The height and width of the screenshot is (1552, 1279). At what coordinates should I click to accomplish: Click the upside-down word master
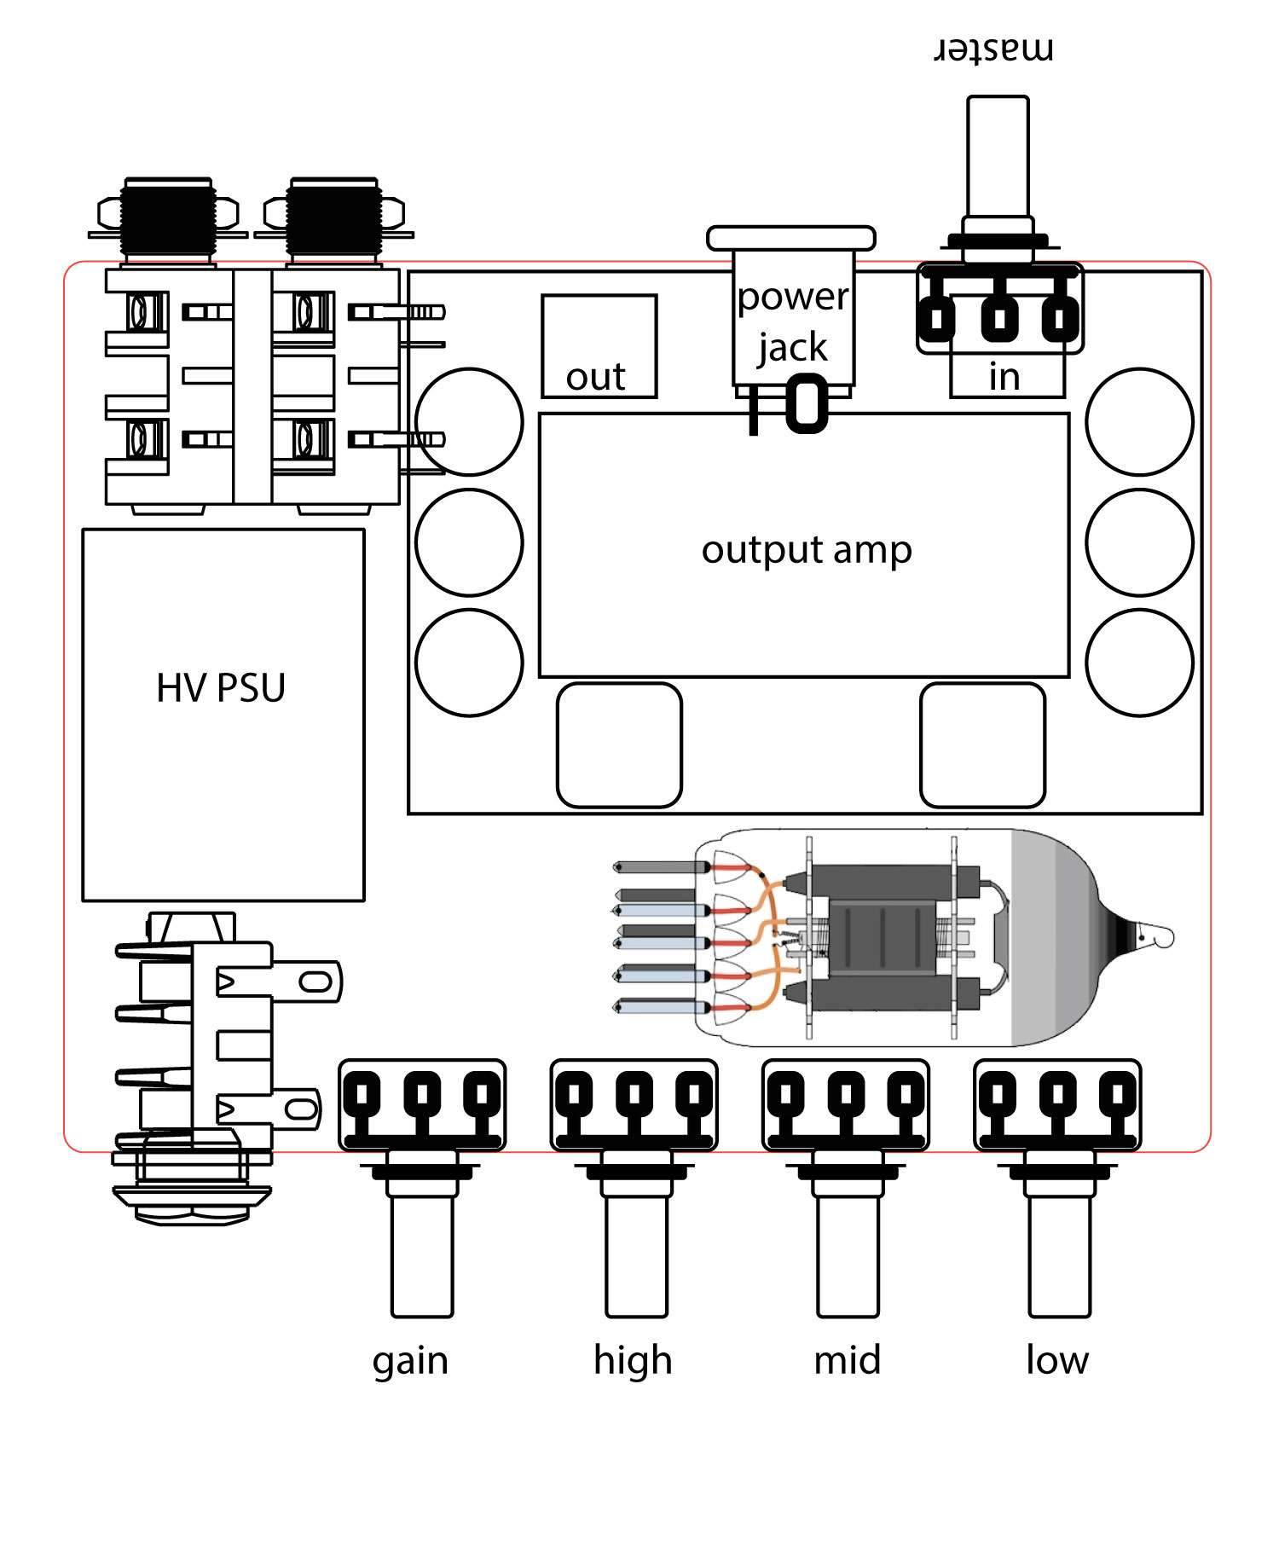995,49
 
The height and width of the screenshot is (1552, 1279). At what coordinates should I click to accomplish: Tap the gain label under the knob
410,1361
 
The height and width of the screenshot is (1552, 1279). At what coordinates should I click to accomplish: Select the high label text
633,1359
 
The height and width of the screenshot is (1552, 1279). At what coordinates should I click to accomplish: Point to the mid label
847,1359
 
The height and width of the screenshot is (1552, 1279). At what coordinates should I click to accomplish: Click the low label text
1057,1359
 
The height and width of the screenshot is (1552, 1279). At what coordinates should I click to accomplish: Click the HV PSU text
221,687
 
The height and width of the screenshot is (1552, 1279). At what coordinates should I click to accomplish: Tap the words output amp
807,550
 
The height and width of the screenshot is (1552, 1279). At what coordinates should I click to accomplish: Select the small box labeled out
599,346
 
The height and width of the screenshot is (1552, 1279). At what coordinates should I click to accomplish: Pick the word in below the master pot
1004,376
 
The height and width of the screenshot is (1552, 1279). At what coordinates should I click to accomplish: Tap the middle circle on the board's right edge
1139,541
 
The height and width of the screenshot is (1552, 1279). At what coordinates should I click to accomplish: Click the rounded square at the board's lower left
619,744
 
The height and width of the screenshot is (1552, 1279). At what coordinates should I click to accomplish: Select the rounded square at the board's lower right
982,744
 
